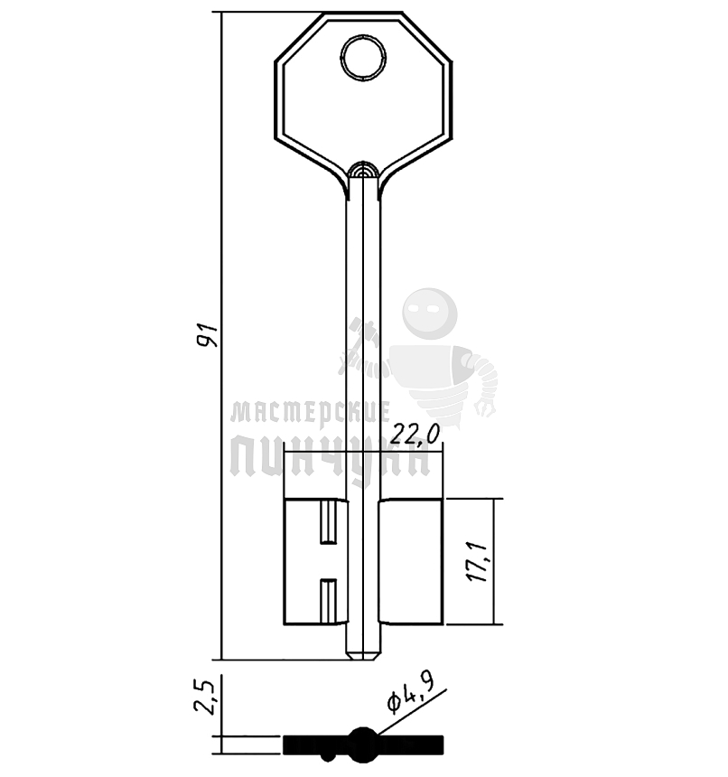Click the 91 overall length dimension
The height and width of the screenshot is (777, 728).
tap(207, 335)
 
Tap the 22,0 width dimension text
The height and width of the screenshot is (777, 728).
tap(414, 435)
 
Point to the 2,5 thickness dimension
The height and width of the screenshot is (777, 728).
tap(204, 697)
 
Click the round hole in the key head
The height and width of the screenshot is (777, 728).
tap(363, 58)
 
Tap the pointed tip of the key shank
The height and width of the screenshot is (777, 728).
tap(363, 658)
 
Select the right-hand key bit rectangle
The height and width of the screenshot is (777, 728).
tap(411, 561)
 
